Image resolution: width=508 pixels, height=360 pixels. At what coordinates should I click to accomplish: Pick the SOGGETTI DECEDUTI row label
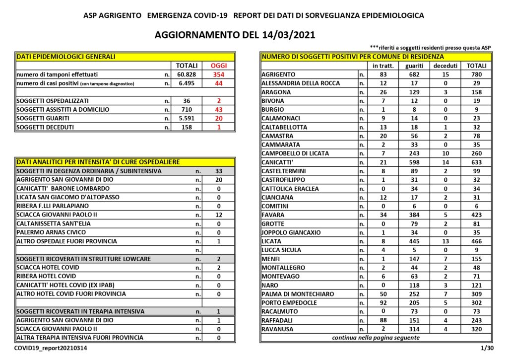45,127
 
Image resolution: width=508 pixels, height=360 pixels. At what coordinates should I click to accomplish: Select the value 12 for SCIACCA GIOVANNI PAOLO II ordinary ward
218,215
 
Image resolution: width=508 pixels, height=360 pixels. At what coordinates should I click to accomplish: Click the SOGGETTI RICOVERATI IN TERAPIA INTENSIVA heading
80,311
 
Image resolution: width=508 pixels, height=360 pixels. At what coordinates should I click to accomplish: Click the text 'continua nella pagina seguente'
376,338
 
